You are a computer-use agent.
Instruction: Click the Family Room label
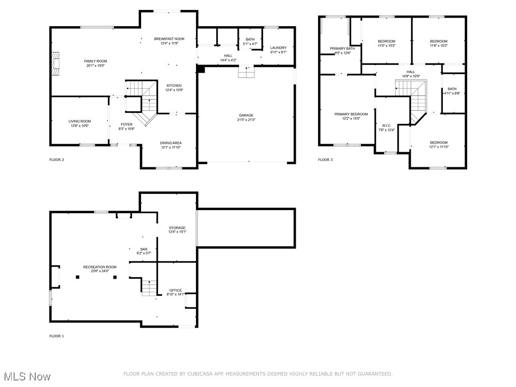[x=95, y=61]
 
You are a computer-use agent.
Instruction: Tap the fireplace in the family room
[x=55, y=63]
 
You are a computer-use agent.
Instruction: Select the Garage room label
[x=246, y=115]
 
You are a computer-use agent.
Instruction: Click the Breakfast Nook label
[x=169, y=39]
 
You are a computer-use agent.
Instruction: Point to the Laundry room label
[x=278, y=48]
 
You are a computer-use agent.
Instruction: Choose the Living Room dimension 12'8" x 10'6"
[x=80, y=126]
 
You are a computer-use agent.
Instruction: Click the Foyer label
[x=126, y=124]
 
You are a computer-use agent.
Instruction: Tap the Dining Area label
[x=170, y=143]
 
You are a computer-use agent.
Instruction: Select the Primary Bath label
[x=342, y=48]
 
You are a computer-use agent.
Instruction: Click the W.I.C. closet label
[x=386, y=125]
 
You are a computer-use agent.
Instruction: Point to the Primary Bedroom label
[x=351, y=114]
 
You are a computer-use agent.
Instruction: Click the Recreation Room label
[x=100, y=267]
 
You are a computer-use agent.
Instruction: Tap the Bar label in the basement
[x=144, y=249]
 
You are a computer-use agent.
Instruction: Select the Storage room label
[x=177, y=228]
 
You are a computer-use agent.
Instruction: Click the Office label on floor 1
[x=175, y=290]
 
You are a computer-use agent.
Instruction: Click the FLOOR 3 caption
[x=325, y=160]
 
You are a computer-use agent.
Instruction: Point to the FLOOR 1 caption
[x=56, y=336]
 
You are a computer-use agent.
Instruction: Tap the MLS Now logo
[x=26, y=376]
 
